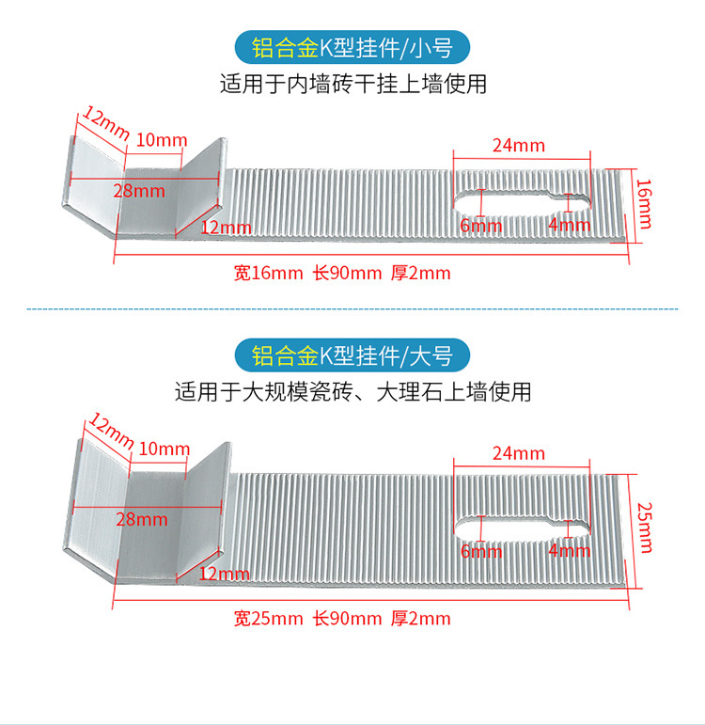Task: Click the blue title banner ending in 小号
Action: (x=352, y=47)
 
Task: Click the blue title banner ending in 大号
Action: (x=352, y=355)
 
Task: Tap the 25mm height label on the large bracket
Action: (x=644, y=528)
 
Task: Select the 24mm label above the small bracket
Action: (x=518, y=145)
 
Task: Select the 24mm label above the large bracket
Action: (x=518, y=453)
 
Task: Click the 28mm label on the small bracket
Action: (x=139, y=191)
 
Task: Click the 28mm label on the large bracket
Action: (x=142, y=519)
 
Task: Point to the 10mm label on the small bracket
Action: (x=162, y=140)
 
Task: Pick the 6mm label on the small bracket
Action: (x=480, y=226)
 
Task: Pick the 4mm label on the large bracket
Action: (x=570, y=551)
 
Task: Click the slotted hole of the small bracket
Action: (x=523, y=200)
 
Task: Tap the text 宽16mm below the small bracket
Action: (x=268, y=274)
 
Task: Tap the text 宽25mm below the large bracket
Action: (x=268, y=618)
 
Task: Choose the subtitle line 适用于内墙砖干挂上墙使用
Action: (x=352, y=85)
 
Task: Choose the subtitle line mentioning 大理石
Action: (x=352, y=392)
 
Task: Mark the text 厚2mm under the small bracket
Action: (x=420, y=274)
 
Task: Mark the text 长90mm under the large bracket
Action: (x=347, y=618)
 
